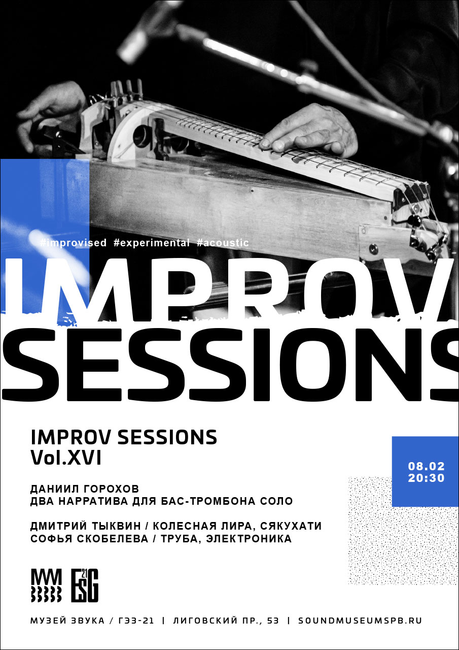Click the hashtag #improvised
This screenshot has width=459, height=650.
(x=73, y=243)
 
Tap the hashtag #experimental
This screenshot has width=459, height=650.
(x=152, y=243)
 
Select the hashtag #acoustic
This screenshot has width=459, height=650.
(x=223, y=243)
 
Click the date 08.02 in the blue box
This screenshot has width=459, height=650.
(x=426, y=466)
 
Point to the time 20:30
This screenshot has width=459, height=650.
(x=426, y=478)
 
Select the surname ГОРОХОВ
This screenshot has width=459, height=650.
(x=111, y=489)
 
